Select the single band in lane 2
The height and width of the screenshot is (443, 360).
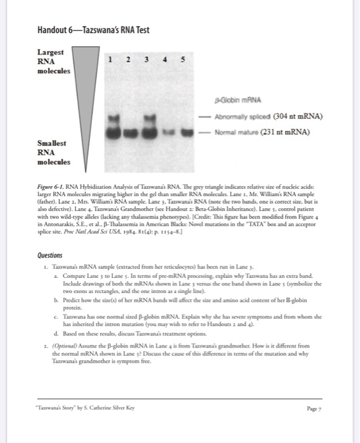(132, 132)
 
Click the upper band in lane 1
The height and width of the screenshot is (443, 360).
(115, 118)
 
